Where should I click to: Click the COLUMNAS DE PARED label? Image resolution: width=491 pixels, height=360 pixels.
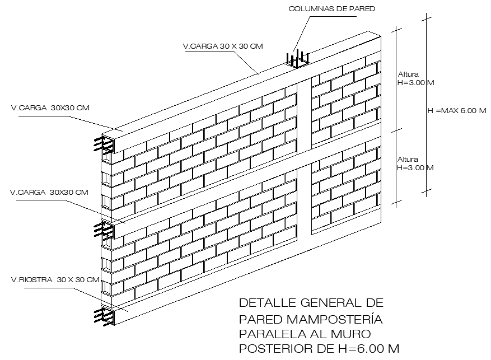tap(331, 9)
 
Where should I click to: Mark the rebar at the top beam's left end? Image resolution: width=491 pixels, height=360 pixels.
tap(105, 144)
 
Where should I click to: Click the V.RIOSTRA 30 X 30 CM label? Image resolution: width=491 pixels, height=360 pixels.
tap(55, 279)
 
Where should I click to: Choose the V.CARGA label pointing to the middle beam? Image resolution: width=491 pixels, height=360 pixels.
tap(49, 193)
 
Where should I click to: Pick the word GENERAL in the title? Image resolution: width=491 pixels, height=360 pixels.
tap(328, 303)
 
